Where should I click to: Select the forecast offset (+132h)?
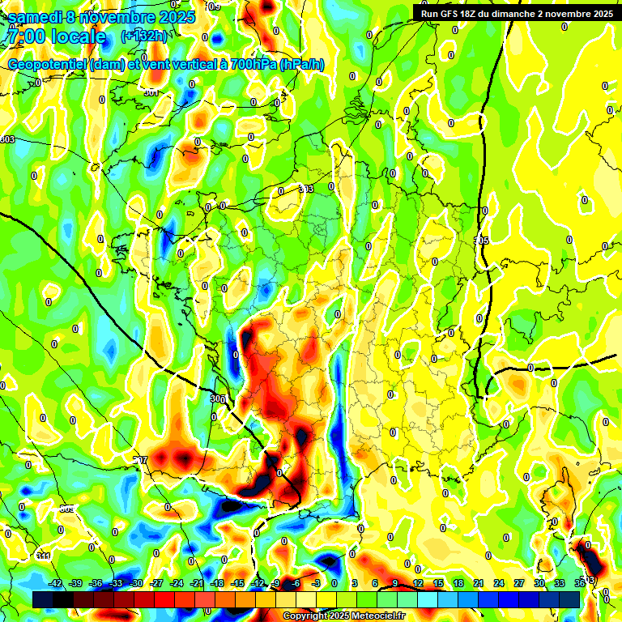(x=144, y=36)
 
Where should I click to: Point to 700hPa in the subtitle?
(x=249, y=65)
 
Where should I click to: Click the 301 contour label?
(x=151, y=92)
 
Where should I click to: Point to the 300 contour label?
(x=216, y=398)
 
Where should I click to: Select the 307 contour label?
(x=141, y=460)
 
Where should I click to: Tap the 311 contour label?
(x=42, y=556)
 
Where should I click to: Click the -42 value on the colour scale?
(x=56, y=583)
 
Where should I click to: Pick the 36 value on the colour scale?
(x=581, y=583)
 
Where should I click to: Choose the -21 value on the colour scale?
(x=197, y=583)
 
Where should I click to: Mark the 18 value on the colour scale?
(x=458, y=583)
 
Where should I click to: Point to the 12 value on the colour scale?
(x=418, y=583)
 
